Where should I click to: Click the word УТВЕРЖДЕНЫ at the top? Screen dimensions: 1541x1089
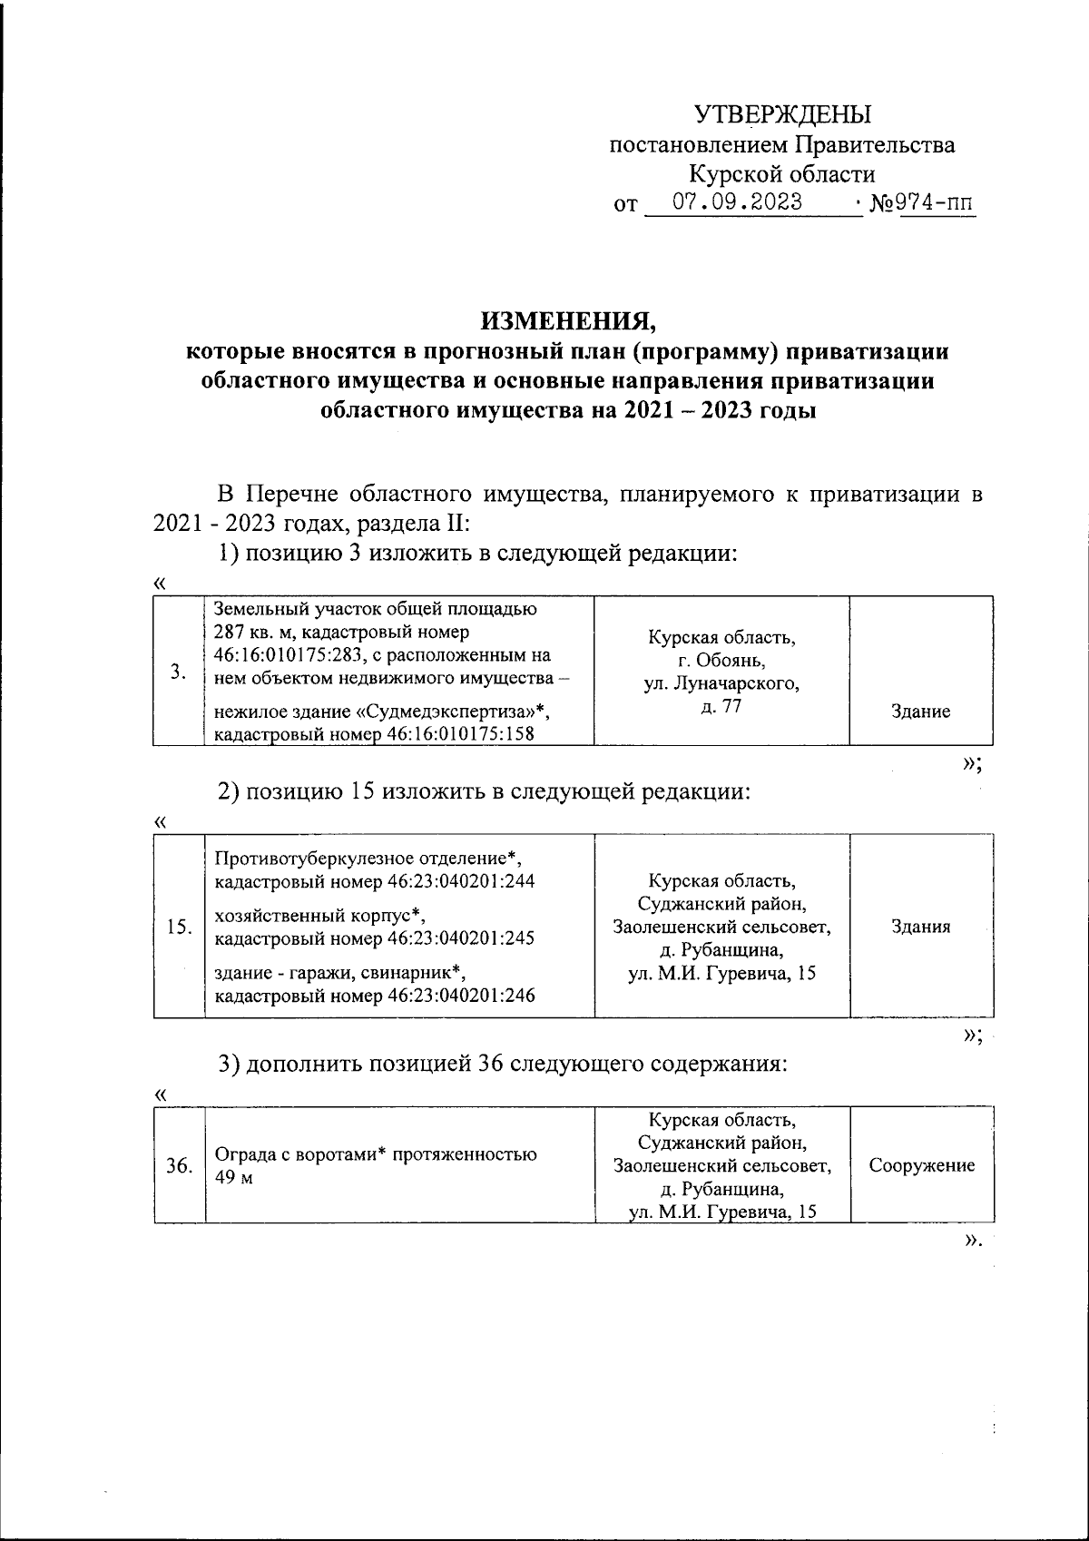(x=782, y=114)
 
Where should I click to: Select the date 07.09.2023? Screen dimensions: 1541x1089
(x=737, y=201)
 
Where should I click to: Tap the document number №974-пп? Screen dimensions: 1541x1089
(x=922, y=202)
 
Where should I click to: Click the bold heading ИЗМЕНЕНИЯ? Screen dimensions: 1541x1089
(x=566, y=320)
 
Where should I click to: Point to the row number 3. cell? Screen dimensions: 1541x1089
(x=180, y=672)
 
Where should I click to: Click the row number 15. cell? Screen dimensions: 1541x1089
(x=180, y=927)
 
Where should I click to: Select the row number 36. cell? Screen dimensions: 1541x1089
(x=180, y=1165)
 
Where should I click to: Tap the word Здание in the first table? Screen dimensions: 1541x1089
(x=920, y=712)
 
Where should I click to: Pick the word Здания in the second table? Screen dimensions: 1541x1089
(x=921, y=927)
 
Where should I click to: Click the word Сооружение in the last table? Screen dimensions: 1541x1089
(x=922, y=1165)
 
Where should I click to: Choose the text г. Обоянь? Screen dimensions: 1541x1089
(x=721, y=661)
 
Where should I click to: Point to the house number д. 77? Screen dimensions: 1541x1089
(x=721, y=707)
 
